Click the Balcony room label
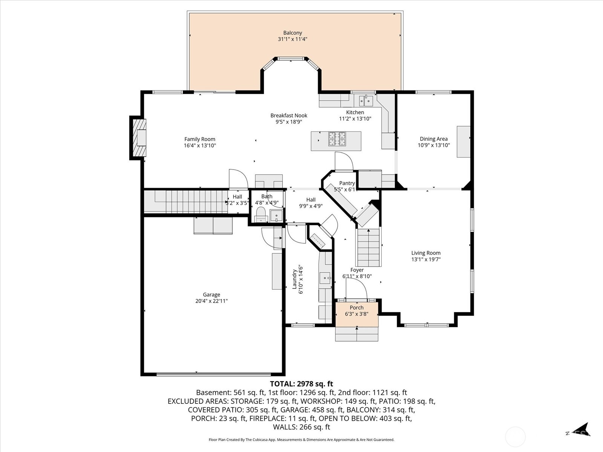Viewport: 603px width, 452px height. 292,33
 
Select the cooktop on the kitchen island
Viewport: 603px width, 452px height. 337,139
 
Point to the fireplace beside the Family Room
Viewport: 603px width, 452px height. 139,137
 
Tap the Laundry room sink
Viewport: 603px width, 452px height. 325,278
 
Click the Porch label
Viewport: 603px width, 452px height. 357,307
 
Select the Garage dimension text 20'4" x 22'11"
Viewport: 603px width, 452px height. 211,301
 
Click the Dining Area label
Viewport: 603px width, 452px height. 433,139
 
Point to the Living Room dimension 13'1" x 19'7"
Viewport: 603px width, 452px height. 426,259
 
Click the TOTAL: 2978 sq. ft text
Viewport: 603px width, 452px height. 301,384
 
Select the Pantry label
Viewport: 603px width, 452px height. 347,183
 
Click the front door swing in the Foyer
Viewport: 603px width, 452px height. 357,288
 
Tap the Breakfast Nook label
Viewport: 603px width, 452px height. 289,115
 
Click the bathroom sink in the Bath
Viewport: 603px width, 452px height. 276,216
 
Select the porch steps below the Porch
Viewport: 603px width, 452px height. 357,334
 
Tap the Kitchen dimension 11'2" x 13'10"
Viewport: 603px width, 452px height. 355,119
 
